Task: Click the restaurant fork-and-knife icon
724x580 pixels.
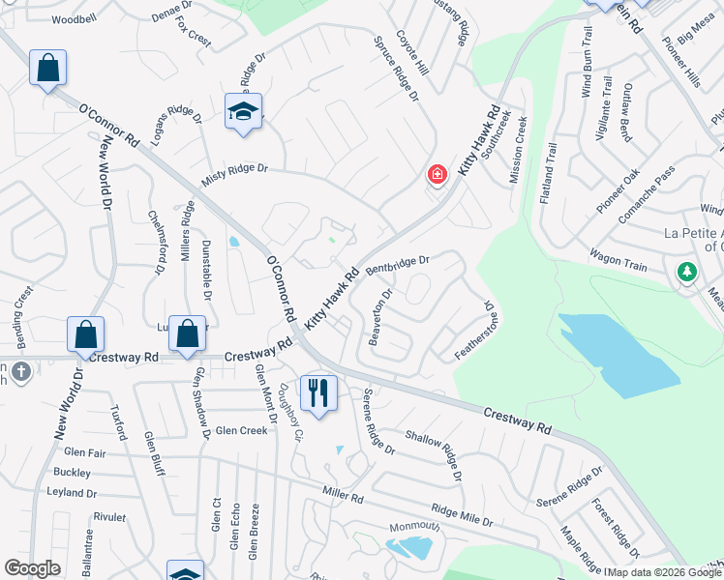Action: (x=318, y=392)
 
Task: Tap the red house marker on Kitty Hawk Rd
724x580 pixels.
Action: (x=437, y=175)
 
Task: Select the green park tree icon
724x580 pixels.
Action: (x=687, y=273)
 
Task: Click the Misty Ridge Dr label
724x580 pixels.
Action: (x=233, y=174)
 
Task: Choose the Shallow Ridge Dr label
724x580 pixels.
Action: (x=431, y=450)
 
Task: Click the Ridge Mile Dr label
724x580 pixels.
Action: (x=463, y=515)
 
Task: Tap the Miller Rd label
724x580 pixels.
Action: (x=343, y=498)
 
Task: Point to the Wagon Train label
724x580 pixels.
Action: (x=618, y=257)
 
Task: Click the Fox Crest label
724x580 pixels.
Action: (x=194, y=36)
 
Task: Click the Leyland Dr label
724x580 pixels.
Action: (x=73, y=493)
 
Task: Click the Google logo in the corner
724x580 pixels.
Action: (x=32, y=568)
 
